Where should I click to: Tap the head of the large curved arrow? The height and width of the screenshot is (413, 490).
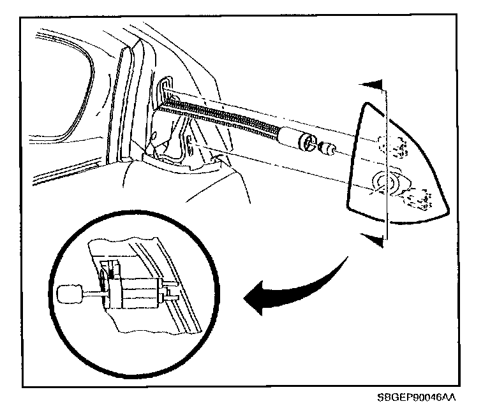pos(259,298)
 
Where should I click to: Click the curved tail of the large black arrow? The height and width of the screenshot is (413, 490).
pos(338,271)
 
